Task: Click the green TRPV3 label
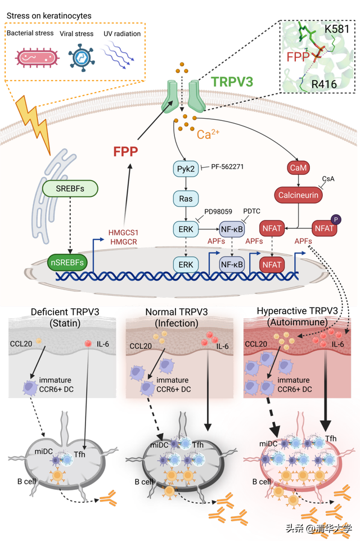click(x=232, y=82)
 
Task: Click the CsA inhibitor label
click(x=328, y=179)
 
